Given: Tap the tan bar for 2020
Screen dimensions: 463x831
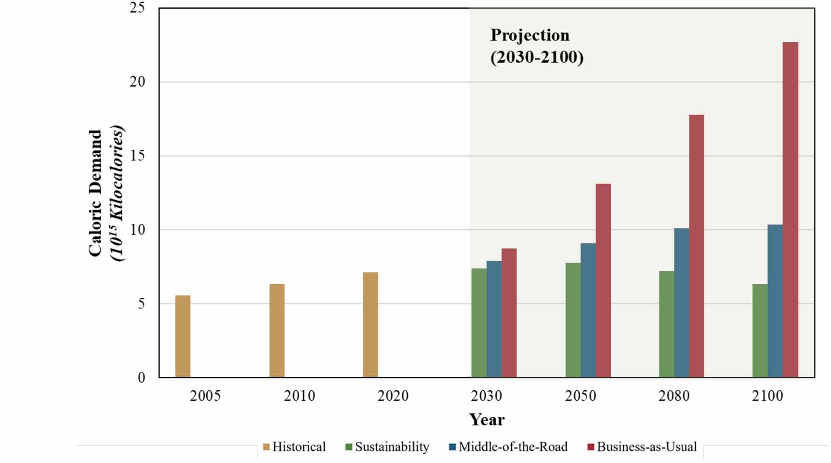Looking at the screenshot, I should coord(370,325).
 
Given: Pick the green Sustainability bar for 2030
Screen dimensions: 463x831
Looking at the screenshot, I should coord(478,323).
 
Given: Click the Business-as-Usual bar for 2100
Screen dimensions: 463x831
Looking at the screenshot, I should coord(790,210).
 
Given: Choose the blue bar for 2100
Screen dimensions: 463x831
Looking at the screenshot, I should coord(775,301).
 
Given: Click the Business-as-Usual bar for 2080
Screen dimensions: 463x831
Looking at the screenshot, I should coord(696,246).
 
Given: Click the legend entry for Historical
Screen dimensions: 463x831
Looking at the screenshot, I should coord(294,447).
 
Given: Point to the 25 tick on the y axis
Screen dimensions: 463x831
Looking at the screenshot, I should coord(137,8).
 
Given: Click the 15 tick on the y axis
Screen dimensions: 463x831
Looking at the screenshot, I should coord(137,156).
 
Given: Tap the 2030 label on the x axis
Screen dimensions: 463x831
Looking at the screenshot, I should coord(486,396).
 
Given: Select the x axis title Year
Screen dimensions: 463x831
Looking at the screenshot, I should coord(487,420).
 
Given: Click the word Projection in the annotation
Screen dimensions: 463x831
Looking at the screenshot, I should coord(529,35).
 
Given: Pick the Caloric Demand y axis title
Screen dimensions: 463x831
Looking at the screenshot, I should coord(95,193).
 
